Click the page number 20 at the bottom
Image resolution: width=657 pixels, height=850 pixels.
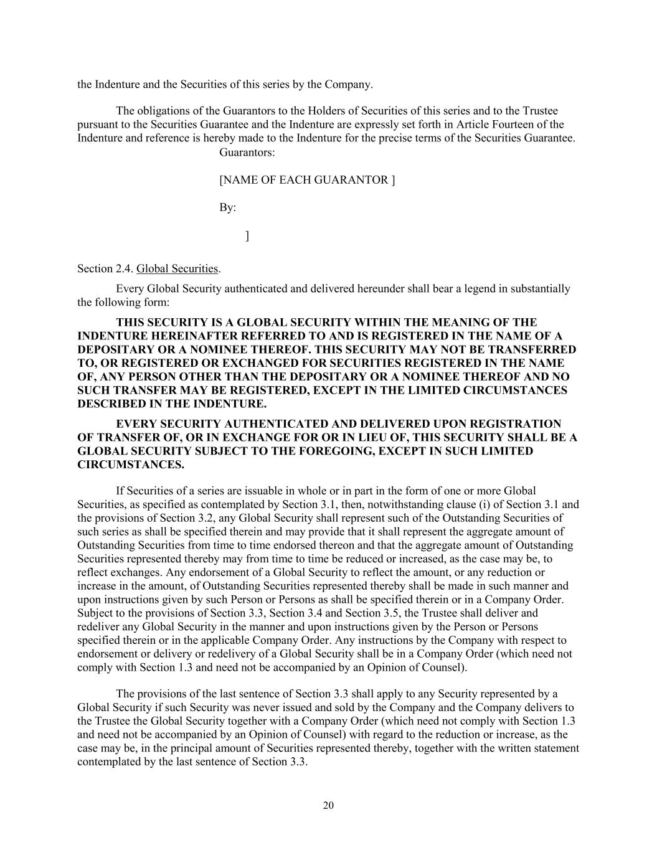pyautogui.click(x=328, y=805)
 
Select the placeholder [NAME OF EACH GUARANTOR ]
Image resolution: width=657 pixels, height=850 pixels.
pyautogui.click(x=307, y=180)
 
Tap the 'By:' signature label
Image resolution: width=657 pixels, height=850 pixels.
pyautogui.click(x=227, y=207)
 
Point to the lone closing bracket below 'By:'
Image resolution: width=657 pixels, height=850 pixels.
pyautogui.click(x=247, y=235)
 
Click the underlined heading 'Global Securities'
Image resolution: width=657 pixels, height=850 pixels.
pyautogui.click(x=177, y=268)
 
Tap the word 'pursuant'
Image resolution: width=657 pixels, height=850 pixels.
pyautogui.click(x=97, y=125)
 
